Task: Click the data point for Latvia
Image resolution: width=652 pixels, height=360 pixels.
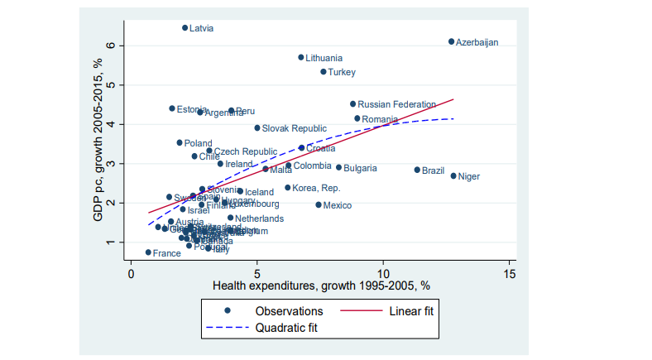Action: tap(185, 27)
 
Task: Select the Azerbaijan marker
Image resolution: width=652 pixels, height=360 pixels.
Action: tap(451, 41)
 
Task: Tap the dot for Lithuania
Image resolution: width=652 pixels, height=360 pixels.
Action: tap(301, 57)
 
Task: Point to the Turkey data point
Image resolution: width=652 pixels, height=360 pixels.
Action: tap(324, 72)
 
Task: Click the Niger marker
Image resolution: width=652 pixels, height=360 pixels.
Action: tap(453, 175)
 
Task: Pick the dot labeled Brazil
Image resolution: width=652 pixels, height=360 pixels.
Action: tap(417, 170)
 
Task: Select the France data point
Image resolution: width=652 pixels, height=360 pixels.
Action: tap(148, 252)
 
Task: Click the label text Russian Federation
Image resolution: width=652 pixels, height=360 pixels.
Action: tap(396, 104)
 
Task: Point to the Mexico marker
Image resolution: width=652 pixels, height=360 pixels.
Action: tap(319, 204)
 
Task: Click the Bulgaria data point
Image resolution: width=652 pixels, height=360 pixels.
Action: tap(338, 167)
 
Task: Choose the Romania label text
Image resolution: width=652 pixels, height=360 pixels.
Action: tap(380, 119)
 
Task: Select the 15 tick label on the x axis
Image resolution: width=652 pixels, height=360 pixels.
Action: tap(510, 272)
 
